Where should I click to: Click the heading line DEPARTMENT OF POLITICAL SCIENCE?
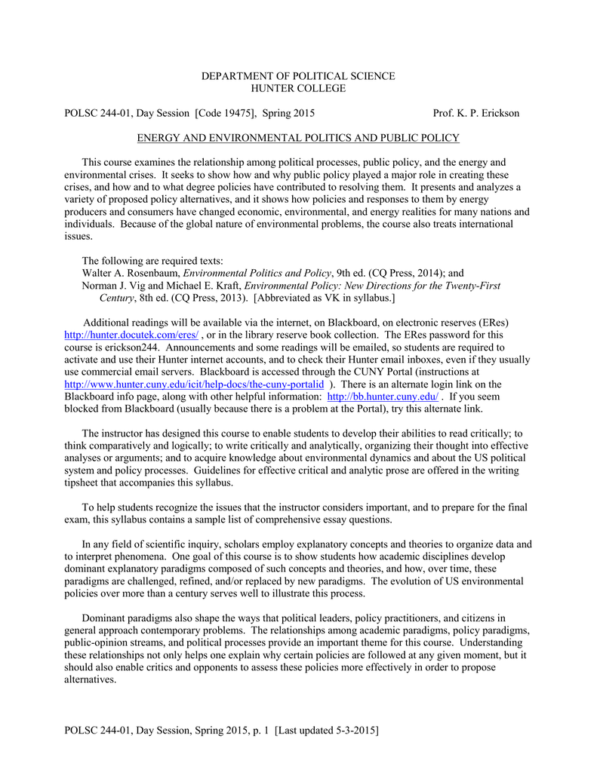(x=297, y=76)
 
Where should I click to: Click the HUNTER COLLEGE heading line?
(x=297, y=88)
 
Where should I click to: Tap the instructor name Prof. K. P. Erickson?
(x=475, y=113)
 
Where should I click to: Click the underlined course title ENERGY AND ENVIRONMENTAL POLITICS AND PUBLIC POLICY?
(x=297, y=138)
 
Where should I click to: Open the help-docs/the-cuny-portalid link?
(x=195, y=384)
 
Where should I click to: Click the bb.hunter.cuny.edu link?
(x=383, y=396)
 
